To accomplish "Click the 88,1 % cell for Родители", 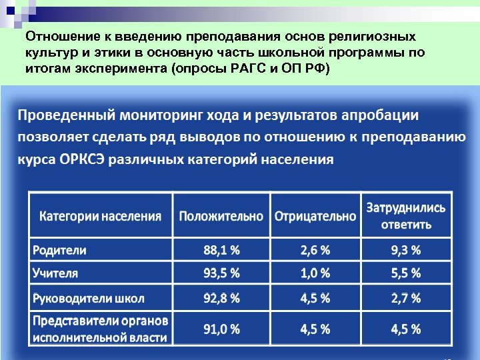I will (x=221, y=251).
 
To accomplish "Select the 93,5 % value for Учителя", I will (x=221, y=273).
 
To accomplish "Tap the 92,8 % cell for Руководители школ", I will (x=221, y=298).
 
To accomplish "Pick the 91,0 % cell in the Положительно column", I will (x=221, y=329).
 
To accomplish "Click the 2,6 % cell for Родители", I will (x=315, y=251).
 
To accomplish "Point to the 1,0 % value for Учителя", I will (x=315, y=273).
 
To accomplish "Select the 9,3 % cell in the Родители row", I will (x=406, y=251).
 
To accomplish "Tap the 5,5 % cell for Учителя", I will (x=406, y=273).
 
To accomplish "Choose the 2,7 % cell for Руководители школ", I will (x=406, y=298).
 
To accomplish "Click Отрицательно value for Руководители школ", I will (x=315, y=298).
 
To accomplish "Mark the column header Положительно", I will (x=221, y=216).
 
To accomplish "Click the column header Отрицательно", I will (x=315, y=216).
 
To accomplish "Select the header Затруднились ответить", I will (x=406, y=215).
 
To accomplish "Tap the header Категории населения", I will (x=100, y=216).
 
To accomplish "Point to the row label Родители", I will (x=59, y=251).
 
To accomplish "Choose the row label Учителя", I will (x=55, y=273).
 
